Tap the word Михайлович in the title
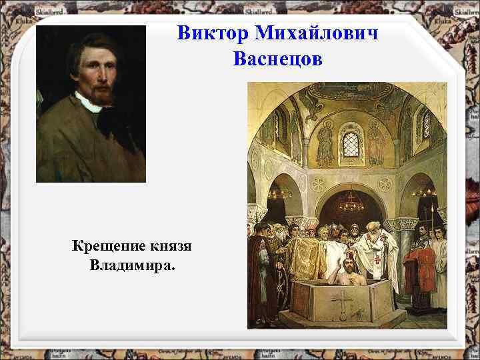pos(314,33)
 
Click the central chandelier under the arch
pos(351,201)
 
